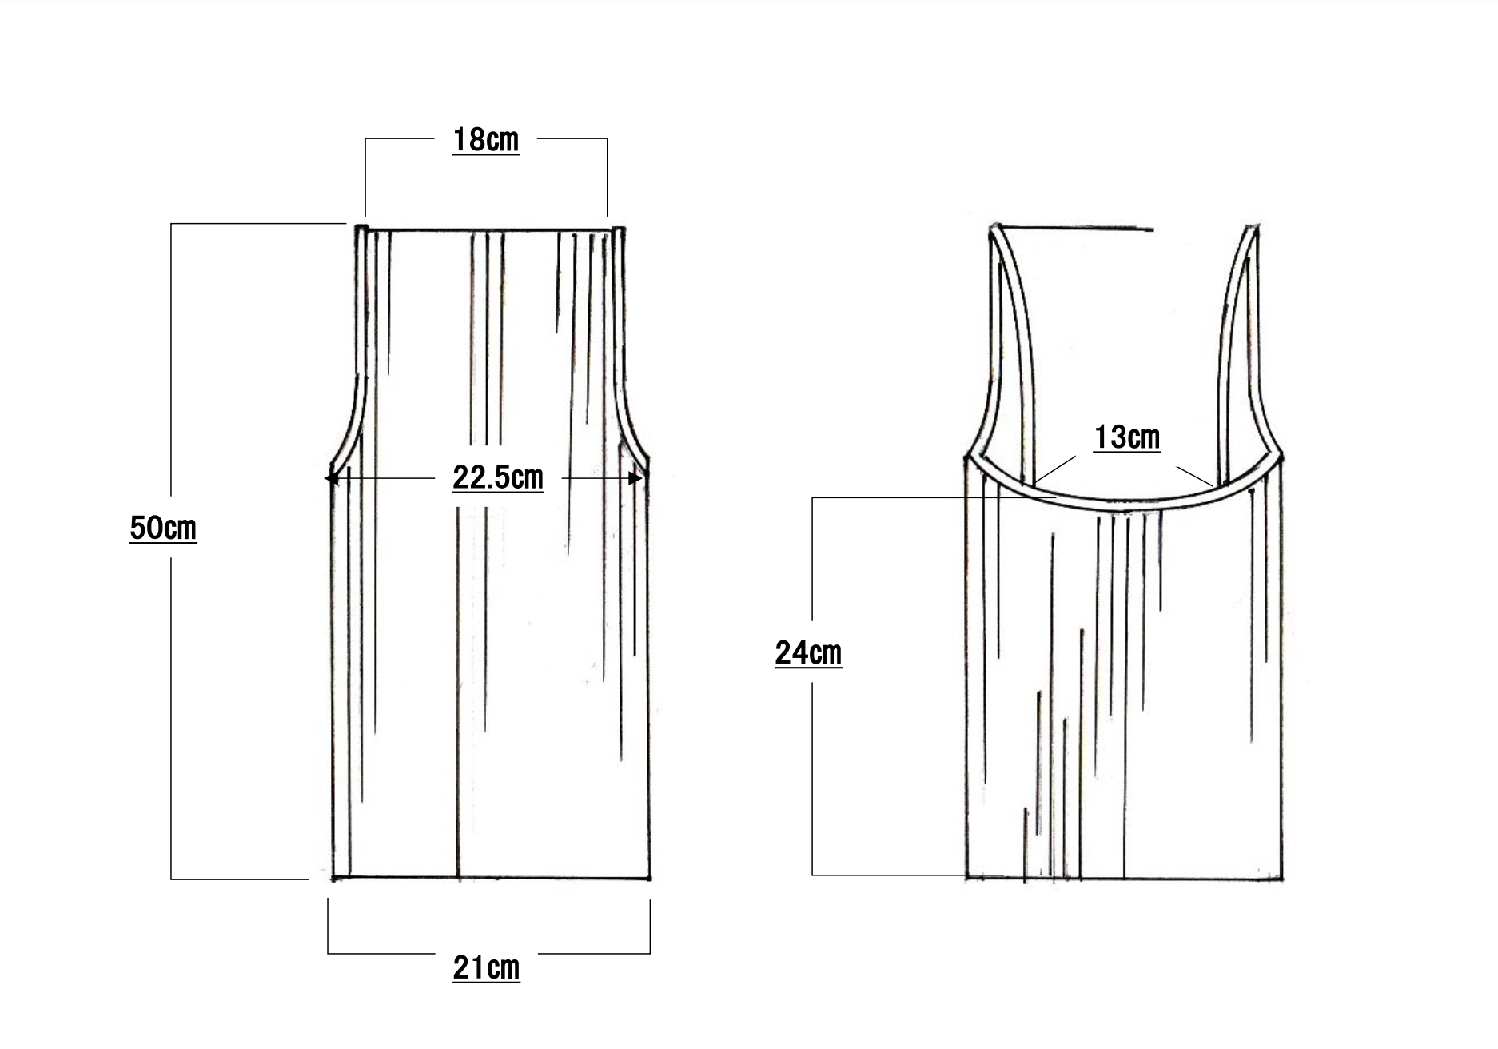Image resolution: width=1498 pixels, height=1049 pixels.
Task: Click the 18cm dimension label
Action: (485, 140)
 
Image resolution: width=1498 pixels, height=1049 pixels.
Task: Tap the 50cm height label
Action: (163, 528)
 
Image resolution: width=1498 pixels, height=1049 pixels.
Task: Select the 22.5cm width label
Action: (498, 478)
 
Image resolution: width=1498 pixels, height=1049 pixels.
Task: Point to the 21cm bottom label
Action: (486, 968)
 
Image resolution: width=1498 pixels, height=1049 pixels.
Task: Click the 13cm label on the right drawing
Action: (1127, 437)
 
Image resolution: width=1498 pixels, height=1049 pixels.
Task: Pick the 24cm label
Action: (808, 653)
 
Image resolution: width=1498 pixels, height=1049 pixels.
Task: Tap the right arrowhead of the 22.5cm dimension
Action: (636, 478)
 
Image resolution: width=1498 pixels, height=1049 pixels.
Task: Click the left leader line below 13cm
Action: (1055, 470)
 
